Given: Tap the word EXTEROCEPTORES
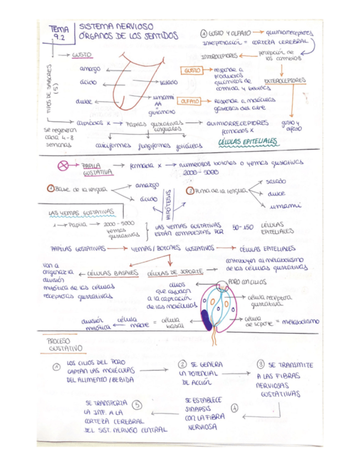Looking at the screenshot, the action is pyautogui.click(x=284, y=80).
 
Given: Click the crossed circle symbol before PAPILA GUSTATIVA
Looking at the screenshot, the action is pyautogui.click(x=64, y=165).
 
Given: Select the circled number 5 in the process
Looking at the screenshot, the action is pyautogui.click(x=137, y=406).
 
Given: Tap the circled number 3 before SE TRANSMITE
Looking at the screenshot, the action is pyautogui.click(x=261, y=364).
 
